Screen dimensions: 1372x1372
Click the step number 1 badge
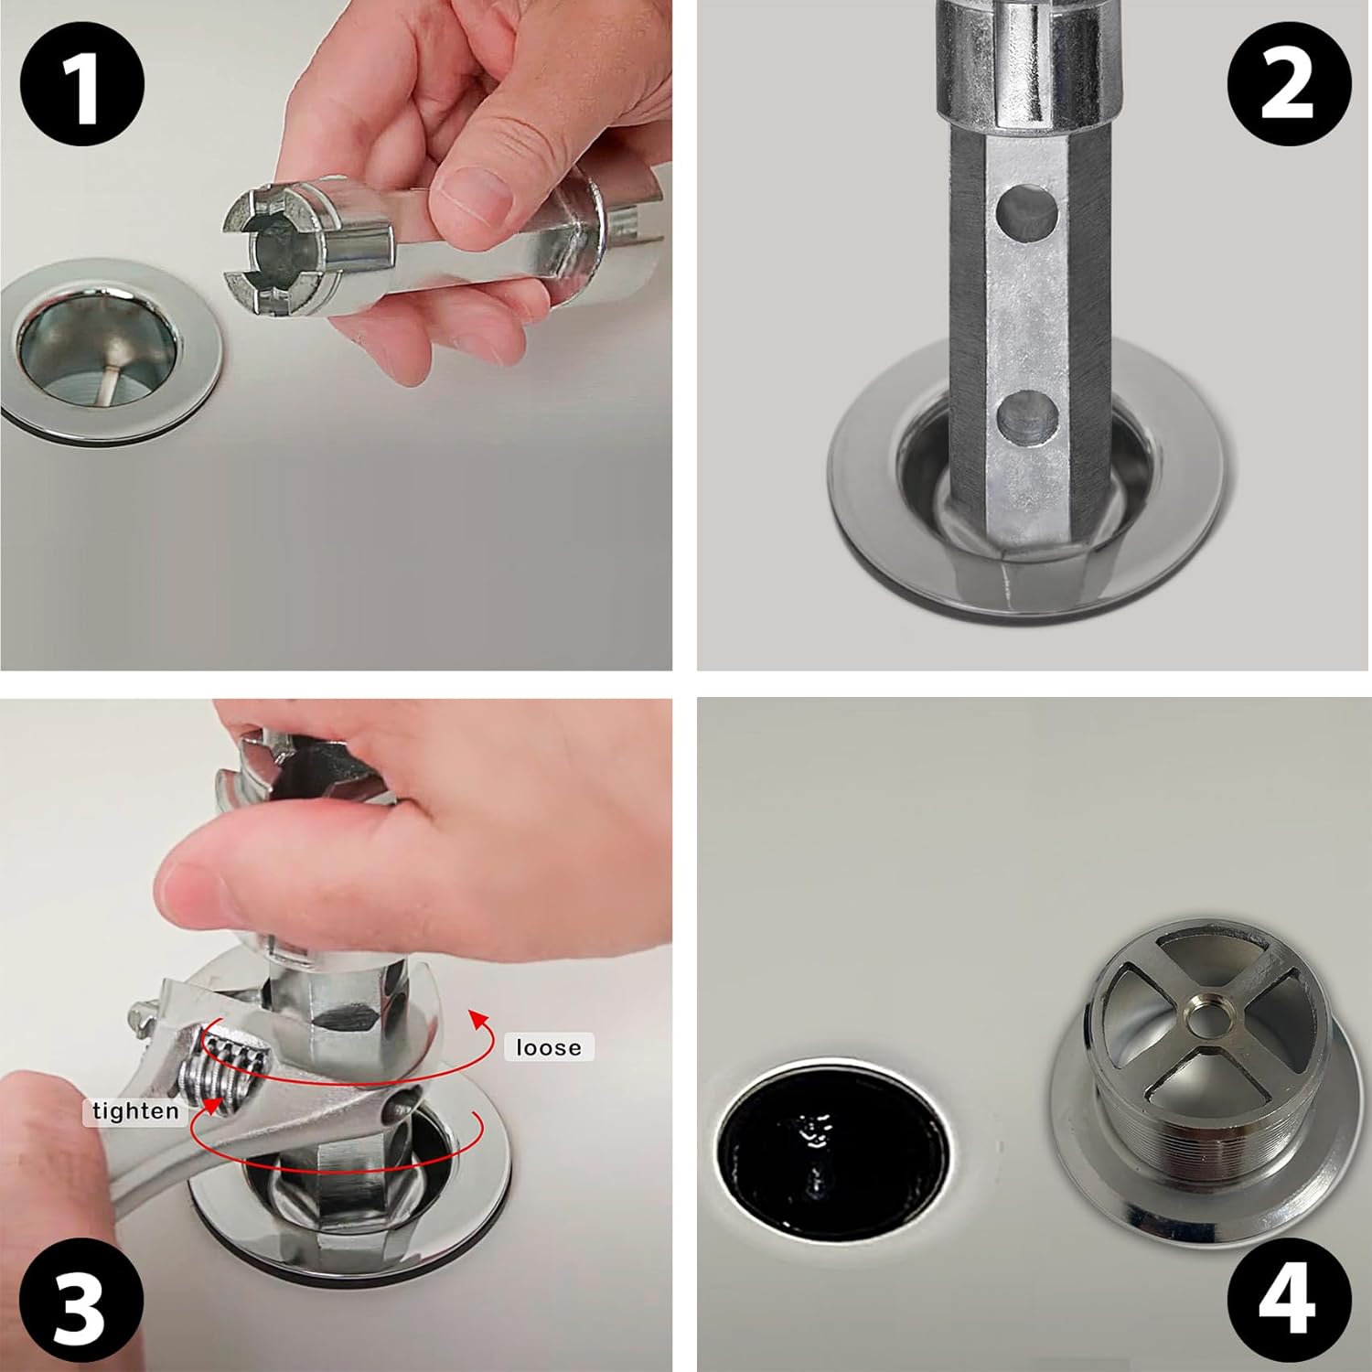click(x=81, y=85)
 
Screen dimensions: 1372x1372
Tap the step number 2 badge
click(x=1288, y=85)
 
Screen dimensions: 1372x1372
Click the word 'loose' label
click(x=549, y=1047)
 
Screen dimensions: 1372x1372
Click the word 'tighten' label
click(x=135, y=1111)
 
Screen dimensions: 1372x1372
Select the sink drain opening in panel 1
click(x=96, y=352)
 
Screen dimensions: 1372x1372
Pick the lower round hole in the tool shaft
click(x=1027, y=416)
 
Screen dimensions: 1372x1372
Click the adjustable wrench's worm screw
click(x=229, y=1066)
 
